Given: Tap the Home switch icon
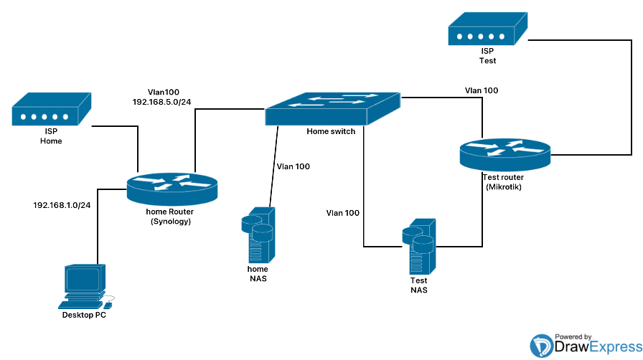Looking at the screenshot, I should point(332,109).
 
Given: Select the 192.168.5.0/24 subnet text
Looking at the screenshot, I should point(161,103).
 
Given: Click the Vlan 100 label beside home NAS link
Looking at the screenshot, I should point(294,166).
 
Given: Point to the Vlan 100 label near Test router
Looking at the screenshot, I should point(482,90).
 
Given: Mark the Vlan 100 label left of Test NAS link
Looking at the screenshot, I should point(343,213).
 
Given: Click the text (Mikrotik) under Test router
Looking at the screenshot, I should point(503,188).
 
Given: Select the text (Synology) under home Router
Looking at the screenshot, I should point(172,222).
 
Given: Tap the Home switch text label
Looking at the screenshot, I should point(331,131).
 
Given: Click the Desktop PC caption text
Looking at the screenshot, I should point(88,315).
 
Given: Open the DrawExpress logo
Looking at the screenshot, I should point(581,346).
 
